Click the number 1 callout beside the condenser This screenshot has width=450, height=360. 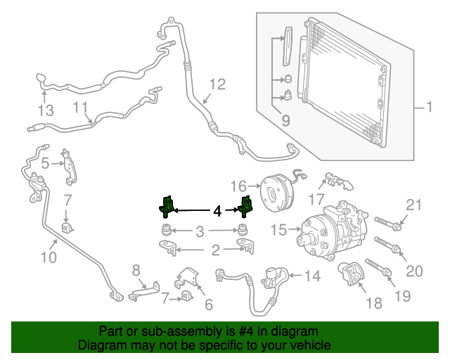[x=428, y=108]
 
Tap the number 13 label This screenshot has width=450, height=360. [x=45, y=110]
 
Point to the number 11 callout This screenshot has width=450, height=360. [x=81, y=108]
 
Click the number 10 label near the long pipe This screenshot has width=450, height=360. [x=48, y=257]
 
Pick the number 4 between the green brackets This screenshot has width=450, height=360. [x=217, y=210]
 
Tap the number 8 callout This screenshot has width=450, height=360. [x=136, y=269]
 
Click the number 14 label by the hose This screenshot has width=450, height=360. [x=311, y=276]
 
